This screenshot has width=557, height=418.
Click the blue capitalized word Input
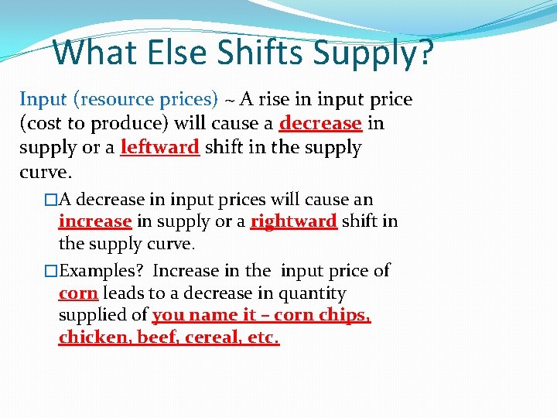click(x=43, y=99)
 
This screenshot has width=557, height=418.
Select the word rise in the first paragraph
click(x=288, y=99)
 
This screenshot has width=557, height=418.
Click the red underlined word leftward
click(x=160, y=147)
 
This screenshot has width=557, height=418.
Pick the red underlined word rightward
click(x=293, y=221)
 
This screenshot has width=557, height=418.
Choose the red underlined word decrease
click(x=320, y=123)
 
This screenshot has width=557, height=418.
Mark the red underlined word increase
click(x=95, y=221)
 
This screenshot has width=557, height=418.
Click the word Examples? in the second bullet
click(x=103, y=270)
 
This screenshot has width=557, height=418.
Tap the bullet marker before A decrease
click(x=51, y=200)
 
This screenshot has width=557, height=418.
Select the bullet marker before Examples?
click(x=51, y=271)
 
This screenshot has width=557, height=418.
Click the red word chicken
click(x=90, y=338)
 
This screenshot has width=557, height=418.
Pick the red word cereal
click(x=214, y=338)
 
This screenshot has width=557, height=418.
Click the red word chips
click(x=345, y=316)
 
